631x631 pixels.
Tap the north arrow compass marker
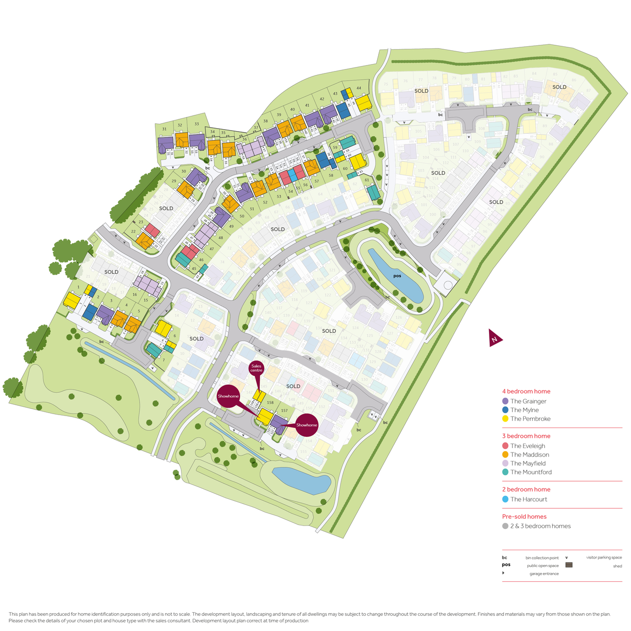pyautogui.click(x=494, y=338)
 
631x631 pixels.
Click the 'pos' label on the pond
pyautogui.click(x=397, y=276)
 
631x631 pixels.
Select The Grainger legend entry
pyautogui.click(x=528, y=401)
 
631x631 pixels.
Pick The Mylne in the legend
pyautogui.click(x=524, y=410)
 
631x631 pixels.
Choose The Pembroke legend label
pyautogui.click(x=530, y=419)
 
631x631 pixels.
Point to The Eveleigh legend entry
pyautogui.click(x=527, y=446)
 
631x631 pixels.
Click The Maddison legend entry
pyautogui.click(x=529, y=455)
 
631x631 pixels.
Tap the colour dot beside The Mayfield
pyautogui.click(x=505, y=463)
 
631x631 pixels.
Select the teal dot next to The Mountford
pyautogui.click(x=505, y=472)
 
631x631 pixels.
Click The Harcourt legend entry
pyautogui.click(x=528, y=499)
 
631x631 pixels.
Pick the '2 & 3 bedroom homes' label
pyautogui.click(x=540, y=526)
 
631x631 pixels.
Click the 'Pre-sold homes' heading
pyautogui.click(x=524, y=517)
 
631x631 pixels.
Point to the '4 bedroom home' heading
pyautogui.click(x=526, y=391)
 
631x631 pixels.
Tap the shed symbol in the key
pyautogui.click(x=568, y=565)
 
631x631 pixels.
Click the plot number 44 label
pyautogui.click(x=359, y=88)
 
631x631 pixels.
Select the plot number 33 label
pyautogui.click(x=197, y=124)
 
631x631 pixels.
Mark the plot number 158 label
pyautogui.click(x=270, y=403)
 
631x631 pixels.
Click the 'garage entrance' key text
pyautogui.click(x=544, y=574)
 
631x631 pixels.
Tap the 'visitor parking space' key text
pyautogui.click(x=603, y=558)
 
